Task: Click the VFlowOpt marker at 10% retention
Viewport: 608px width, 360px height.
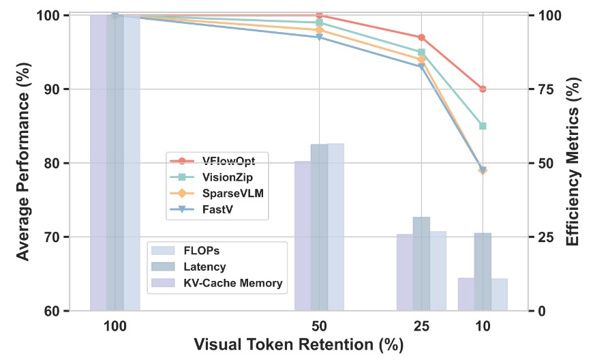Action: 483,89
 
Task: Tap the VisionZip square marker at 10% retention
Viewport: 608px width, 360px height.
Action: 483,126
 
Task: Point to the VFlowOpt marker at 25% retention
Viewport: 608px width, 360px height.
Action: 421,37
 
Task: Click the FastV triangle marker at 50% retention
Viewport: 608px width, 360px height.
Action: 320,37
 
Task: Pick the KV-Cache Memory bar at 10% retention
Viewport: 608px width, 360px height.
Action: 466,294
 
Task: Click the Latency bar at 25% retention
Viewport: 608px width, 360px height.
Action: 421,263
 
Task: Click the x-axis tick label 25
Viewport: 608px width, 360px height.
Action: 421,327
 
